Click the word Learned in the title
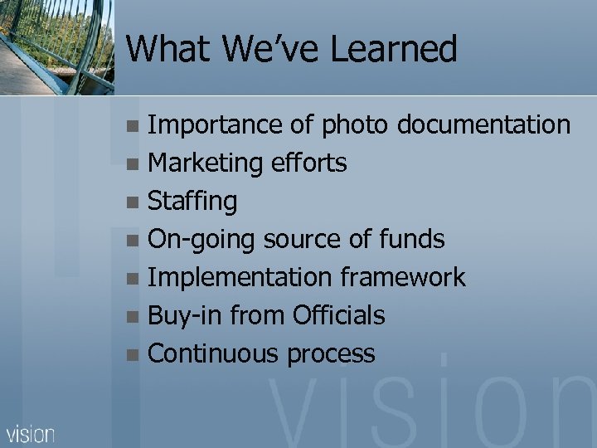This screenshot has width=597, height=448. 394,49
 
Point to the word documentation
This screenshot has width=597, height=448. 483,125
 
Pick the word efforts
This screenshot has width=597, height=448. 309,163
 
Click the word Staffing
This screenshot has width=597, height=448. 192,202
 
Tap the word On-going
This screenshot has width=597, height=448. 201,240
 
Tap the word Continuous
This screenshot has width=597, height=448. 213,354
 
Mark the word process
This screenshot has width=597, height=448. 331,355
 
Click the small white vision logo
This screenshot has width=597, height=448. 31,433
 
